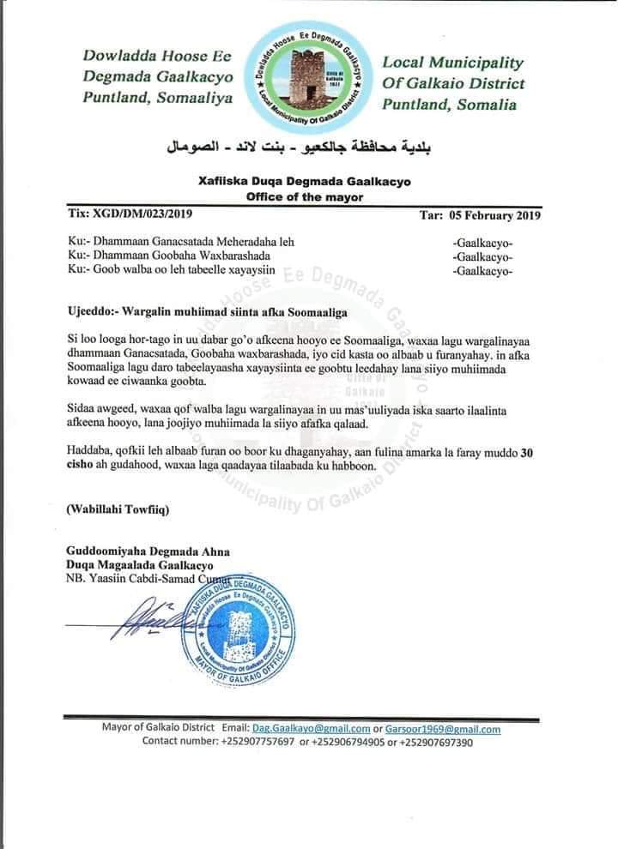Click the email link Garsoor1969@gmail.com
[x=443, y=729]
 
